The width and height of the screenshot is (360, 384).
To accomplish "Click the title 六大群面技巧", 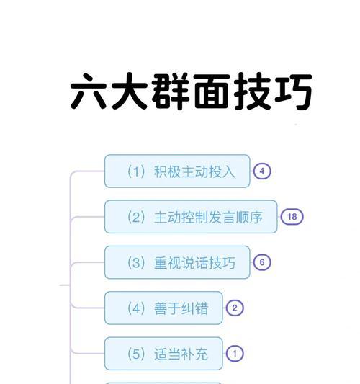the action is point(191,91).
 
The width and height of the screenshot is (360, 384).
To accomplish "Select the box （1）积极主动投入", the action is point(177,171).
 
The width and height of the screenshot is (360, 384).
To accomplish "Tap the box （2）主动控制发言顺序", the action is point(191,217).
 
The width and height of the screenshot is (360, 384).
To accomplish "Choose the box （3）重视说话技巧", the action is point(177,262).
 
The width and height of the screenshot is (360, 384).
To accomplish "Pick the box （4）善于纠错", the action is point(163,308).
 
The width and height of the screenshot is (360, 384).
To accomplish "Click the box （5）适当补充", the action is point(163,354).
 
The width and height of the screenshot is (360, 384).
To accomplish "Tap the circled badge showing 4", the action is point(262,171).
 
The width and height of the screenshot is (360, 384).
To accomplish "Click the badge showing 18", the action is point(292,217).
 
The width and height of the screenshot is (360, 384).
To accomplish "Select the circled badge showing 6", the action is point(262,262).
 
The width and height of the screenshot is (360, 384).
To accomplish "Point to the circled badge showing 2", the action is point(235,308).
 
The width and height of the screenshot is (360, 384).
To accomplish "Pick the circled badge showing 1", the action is point(235,354).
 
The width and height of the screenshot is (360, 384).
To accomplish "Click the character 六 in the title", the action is point(89,91).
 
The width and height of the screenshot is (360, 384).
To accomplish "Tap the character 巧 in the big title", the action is point(293,91).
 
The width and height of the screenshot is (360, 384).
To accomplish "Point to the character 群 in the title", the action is point(171,91).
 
